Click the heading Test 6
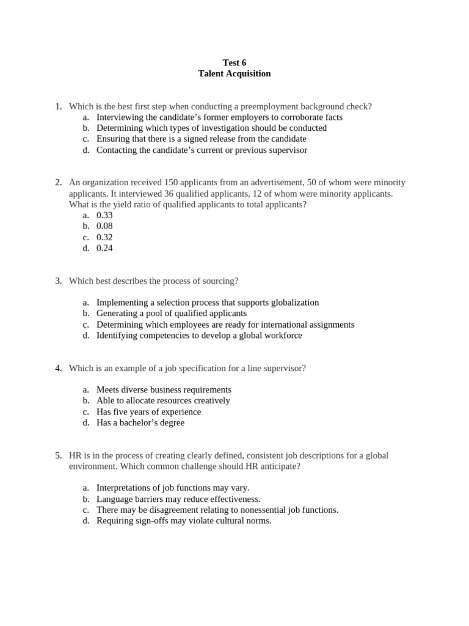pos(234,62)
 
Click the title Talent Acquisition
pos(234,73)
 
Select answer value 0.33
pos(104,215)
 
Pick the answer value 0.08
pos(104,226)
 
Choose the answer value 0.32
pos(104,237)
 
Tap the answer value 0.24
pos(104,248)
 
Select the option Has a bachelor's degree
pos(140,422)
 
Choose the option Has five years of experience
pos(148,411)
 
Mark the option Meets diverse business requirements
pos(164,389)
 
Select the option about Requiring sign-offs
pos(184,521)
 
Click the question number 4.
pos(58,368)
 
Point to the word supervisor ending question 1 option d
pos(287,150)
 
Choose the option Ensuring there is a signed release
pos(202,139)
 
